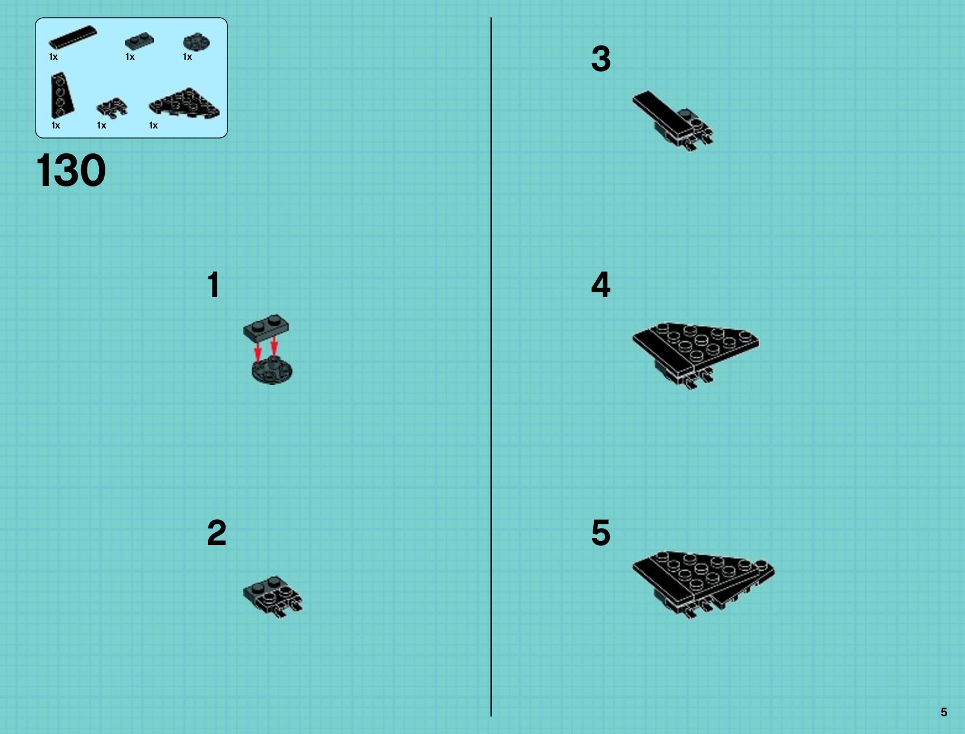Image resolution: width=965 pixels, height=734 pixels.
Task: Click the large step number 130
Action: tap(71, 170)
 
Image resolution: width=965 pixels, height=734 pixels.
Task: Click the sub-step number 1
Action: tap(214, 285)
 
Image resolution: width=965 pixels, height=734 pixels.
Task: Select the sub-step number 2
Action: tap(217, 533)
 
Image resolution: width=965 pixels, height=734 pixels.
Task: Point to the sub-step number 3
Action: tap(601, 59)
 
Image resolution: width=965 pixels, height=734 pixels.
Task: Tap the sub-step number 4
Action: tap(600, 285)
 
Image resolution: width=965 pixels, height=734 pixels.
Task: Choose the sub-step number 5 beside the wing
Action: tap(601, 533)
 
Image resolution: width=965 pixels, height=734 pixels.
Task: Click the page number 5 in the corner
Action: tap(944, 712)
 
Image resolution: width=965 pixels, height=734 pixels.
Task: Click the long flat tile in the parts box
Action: tap(73, 37)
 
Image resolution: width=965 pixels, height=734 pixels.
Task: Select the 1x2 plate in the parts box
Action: tap(139, 41)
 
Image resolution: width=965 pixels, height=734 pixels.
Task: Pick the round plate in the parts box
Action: tap(196, 42)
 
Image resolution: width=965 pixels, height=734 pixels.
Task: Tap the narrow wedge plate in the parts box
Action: tap(62, 95)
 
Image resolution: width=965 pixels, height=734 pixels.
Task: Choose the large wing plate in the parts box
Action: tap(185, 103)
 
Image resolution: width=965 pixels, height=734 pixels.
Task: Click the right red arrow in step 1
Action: tap(274, 347)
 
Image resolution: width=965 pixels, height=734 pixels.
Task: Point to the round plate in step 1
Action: tap(272, 371)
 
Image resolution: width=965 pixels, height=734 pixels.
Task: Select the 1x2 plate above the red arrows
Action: tap(266, 327)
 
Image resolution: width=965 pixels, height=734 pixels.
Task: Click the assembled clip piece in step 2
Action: tap(273, 597)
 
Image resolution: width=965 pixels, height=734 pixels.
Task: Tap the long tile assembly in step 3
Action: tap(673, 120)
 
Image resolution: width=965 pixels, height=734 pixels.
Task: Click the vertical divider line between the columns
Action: tap(491, 367)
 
